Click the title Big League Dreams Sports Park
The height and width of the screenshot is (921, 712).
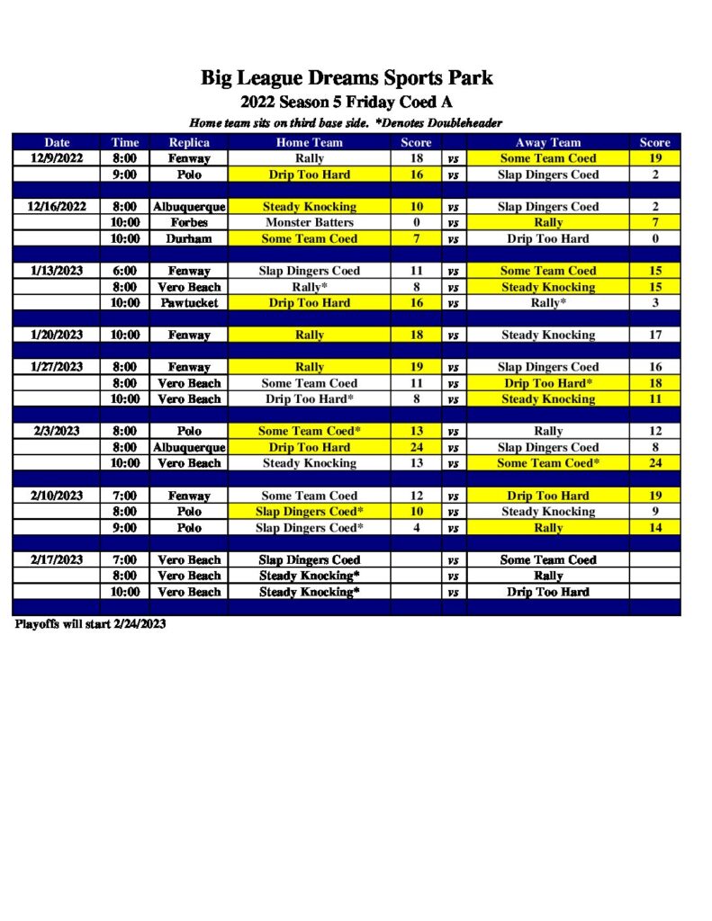(x=347, y=78)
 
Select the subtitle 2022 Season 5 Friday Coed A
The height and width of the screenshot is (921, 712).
(x=347, y=103)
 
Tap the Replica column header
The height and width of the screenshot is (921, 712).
(x=189, y=142)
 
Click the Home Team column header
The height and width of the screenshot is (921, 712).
(x=309, y=142)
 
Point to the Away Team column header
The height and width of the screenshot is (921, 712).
(x=547, y=142)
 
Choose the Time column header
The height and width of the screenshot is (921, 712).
(x=125, y=142)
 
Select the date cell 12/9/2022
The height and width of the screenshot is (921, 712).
(x=57, y=158)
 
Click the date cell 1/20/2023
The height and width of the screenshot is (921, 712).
(x=57, y=335)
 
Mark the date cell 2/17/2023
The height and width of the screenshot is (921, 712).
(x=57, y=559)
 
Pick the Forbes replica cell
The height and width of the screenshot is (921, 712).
(x=189, y=222)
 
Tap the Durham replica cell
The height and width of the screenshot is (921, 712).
(x=189, y=238)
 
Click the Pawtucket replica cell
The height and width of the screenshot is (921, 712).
(x=189, y=303)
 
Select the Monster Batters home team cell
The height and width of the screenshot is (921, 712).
(x=309, y=222)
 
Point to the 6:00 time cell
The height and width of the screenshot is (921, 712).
(x=125, y=271)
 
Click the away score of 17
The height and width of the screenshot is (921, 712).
(x=655, y=335)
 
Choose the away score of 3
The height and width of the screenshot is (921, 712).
(x=655, y=303)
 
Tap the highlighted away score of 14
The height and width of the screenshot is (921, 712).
(x=655, y=528)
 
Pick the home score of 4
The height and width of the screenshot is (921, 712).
(x=416, y=528)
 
